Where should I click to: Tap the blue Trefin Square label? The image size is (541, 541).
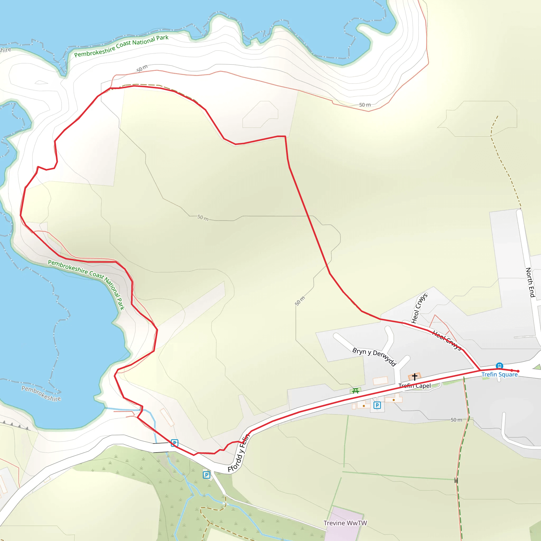click(499, 375)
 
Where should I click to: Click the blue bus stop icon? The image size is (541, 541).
click(499, 366)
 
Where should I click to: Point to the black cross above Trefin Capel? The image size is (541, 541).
click(415, 377)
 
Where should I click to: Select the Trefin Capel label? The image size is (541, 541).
click(415, 386)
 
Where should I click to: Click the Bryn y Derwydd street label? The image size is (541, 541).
click(374, 356)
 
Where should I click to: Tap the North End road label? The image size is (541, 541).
click(530, 282)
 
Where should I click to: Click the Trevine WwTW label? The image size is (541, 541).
click(345, 523)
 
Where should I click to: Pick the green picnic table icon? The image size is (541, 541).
click(356, 391)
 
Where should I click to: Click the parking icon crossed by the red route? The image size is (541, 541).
click(174, 443)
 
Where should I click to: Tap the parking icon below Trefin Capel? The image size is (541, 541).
click(377, 405)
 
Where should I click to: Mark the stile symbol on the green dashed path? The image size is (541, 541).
click(456, 481)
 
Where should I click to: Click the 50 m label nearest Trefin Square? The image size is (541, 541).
click(456, 420)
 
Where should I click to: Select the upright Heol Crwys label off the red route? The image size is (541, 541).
click(419, 308)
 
